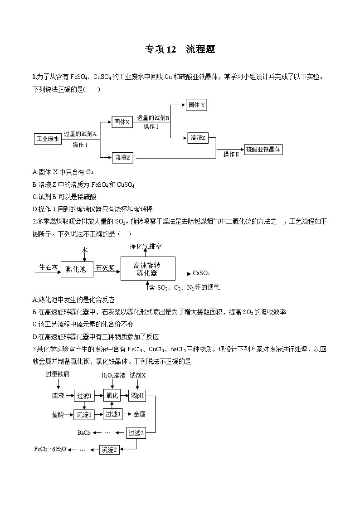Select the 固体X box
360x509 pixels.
pyautogui.click(x=122, y=122)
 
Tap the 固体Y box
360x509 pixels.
pyautogui.click(x=197, y=105)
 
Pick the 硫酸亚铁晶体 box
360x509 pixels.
pyautogui.click(x=263, y=149)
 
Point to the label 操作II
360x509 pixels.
pyautogui.click(x=231, y=155)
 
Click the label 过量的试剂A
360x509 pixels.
pyautogui.click(x=80, y=134)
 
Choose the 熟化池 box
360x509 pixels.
pyautogui.click(x=76, y=269)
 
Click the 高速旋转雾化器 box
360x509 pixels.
pyautogui.click(x=147, y=269)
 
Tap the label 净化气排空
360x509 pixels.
pyautogui.click(x=146, y=247)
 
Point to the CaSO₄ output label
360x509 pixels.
pyautogui.click(x=201, y=273)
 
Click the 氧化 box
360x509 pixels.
pyautogui.click(x=112, y=396)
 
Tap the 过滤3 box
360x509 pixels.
pyautogui.click(x=112, y=414)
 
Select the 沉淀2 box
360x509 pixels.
pyautogui.click(x=110, y=450)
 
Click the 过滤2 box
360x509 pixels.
pyautogui.click(x=136, y=433)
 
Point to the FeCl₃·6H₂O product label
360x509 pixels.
pyautogui.click(x=50, y=449)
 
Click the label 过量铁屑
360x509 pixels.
pyautogui.click(x=58, y=375)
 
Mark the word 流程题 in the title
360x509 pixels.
pyautogui.click(x=200, y=50)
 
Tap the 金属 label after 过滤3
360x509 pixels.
pyautogui.click(x=139, y=414)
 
